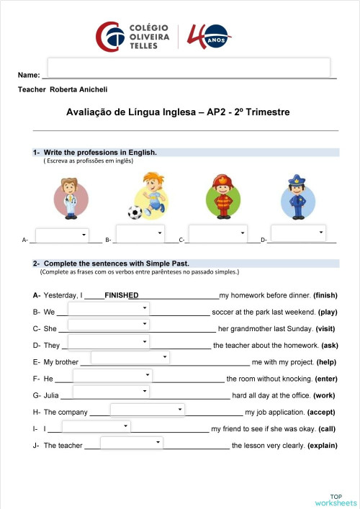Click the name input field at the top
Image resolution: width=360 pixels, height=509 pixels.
pos(189,67)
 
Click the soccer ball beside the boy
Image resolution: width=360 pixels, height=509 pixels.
pos(135,212)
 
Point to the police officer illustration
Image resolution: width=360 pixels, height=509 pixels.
pos(297,195)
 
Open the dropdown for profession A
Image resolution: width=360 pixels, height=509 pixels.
pos(61,235)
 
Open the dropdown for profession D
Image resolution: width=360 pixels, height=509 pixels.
pos(299,233)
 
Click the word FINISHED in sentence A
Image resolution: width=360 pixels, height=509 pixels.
pos(121,295)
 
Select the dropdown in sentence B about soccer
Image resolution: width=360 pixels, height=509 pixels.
pos(108,309)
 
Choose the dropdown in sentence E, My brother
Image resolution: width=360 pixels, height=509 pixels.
pos(130,357)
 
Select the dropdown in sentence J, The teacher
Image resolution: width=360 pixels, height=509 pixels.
pos(131,443)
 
